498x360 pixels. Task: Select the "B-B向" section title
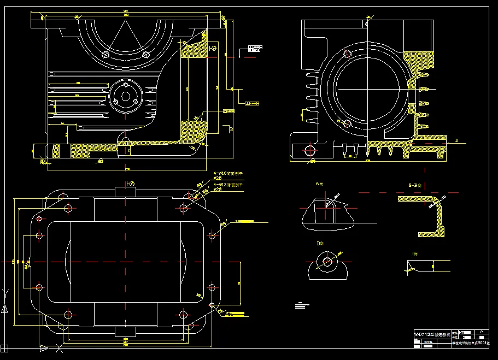[417, 185]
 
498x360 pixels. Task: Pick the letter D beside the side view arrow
[456, 140]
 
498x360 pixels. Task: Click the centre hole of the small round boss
[125, 96]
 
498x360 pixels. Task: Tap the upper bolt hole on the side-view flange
[346, 54]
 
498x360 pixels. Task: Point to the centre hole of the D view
[327, 262]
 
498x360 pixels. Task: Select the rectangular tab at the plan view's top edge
[125, 191]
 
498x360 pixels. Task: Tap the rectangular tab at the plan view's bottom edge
[125, 332]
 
